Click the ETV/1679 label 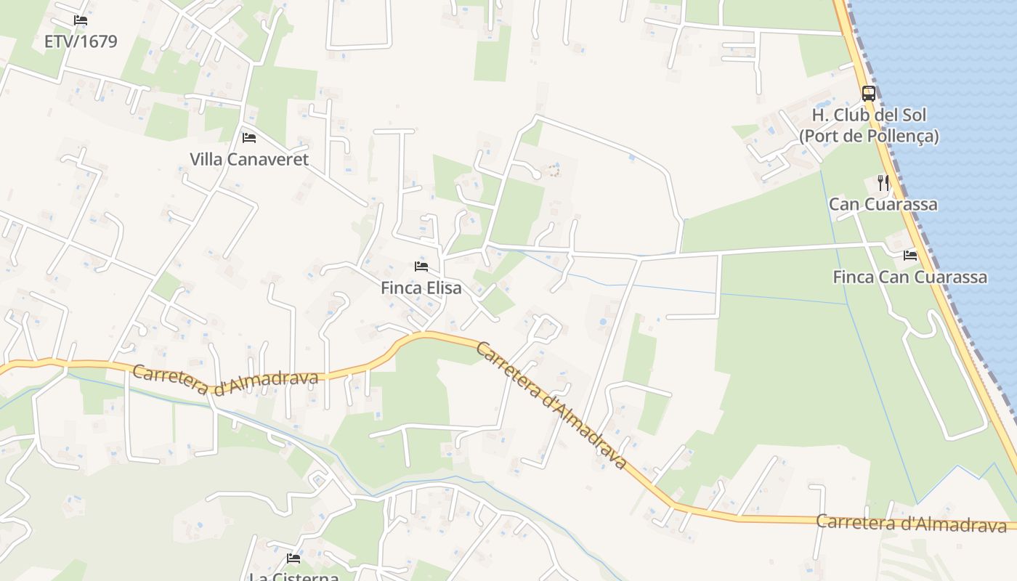pos(81,41)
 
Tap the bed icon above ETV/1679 pos(81,20)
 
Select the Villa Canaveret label pos(249,159)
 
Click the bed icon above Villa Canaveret pos(249,137)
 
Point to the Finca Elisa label pos(421,288)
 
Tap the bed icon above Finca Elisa pos(421,266)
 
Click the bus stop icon pos(869,93)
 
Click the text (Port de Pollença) pos(869,136)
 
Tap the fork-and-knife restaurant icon pos(883,182)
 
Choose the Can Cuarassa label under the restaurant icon pos(883,204)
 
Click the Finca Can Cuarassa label pos(909,277)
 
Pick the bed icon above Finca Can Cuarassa pos(910,255)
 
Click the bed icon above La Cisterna pos(293,558)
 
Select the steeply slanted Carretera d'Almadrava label pos(551,405)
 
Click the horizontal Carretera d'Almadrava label pos(912,522)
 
